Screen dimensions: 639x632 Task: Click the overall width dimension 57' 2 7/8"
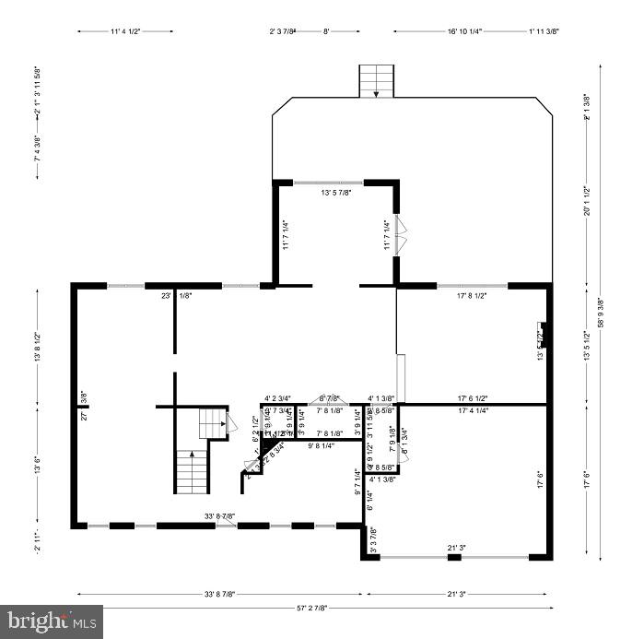[314, 609]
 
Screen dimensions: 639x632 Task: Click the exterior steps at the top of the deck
[376, 81]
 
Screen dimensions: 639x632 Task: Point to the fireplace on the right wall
[545, 334]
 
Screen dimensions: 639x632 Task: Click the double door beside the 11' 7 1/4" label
[400, 234]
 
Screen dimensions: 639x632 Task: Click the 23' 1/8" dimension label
[174, 296]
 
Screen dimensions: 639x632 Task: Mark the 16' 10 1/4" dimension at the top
[464, 31]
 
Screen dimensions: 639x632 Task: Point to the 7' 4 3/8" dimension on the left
[38, 148]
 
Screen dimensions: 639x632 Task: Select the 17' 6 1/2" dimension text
[472, 399]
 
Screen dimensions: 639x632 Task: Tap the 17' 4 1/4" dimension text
[472, 410]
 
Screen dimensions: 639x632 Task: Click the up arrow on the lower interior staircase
[192, 455]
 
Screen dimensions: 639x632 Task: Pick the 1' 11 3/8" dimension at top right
[544, 31]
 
